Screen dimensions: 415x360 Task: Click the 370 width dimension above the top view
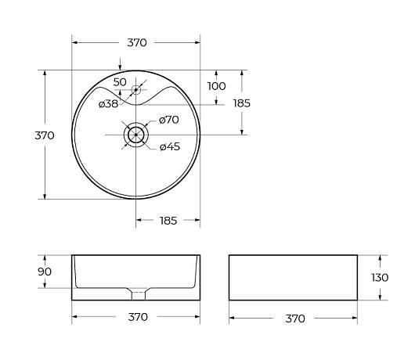tap(137, 42)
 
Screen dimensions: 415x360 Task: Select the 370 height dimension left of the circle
tap(45, 135)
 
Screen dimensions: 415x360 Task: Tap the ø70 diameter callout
tap(169, 120)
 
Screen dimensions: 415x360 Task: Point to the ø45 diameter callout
tap(170, 146)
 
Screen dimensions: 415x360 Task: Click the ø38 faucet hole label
tap(108, 104)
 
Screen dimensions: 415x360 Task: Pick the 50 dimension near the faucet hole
tap(120, 82)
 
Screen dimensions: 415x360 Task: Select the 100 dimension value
tap(216, 86)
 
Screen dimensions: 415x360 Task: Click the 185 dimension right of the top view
tap(242, 103)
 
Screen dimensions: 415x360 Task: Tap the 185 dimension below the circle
tap(168, 221)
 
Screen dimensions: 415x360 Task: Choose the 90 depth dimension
tap(45, 272)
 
